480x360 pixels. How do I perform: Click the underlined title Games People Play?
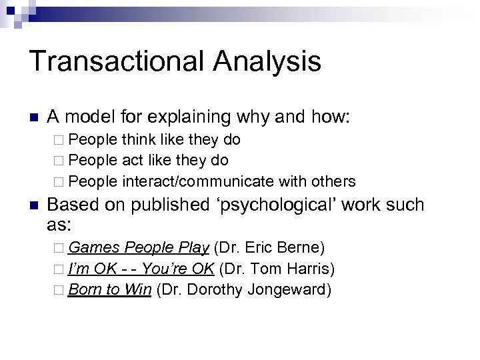tap(138, 249)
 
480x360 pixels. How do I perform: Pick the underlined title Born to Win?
tap(110, 291)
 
